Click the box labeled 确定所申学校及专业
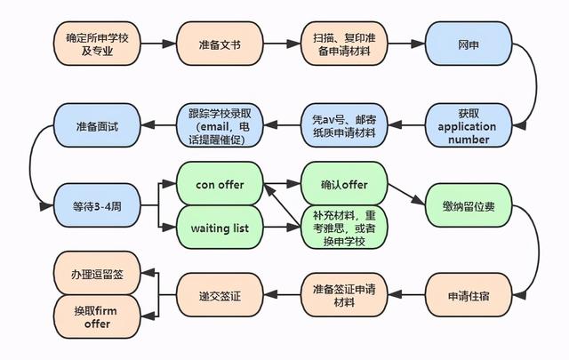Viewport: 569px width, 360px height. pyautogui.click(x=97, y=44)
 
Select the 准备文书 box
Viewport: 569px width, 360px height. pyautogui.click(x=220, y=44)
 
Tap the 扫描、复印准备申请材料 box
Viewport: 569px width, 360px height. pyautogui.click(x=344, y=44)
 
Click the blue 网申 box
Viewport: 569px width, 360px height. pyautogui.click(x=469, y=44)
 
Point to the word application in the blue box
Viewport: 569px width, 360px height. pyautogui.click(x=467, y=126)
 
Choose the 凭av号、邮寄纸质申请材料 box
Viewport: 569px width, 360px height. pyautogui.click(x=344, y=125)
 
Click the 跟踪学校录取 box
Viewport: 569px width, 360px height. pyautogui.click(x=220, y=125)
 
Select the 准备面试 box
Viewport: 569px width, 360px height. pyautogui.click(x=97, y=125)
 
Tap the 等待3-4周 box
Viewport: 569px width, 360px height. pyautogui.click(x=97, y=205)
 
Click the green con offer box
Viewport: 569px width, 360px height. pyautogui.click(x=220, y=184)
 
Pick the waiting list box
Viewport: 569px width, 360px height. pyautogui.click(x=220, y=228)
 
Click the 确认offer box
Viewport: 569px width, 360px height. pyautogui.click(x=344, y=184)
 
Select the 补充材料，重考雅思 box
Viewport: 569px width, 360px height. pyautogui.click(x=344, y=228)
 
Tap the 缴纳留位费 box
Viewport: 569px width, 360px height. pyautogui.click(x=469, y=205)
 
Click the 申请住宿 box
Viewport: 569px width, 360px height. pyautogui.click(x=469, y=295)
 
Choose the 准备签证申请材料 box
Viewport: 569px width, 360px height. pyautogui.click(x=344, y=295)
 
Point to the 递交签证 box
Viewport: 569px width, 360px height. pyautogui.click(x=220, y=295)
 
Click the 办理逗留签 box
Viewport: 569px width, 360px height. pyautogui.click(x=97, y=273)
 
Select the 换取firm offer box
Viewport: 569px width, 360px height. pyautogui.click(x=97, y=316)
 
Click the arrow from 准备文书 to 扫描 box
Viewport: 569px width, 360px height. pyautogui.click(x=282, y=44)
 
